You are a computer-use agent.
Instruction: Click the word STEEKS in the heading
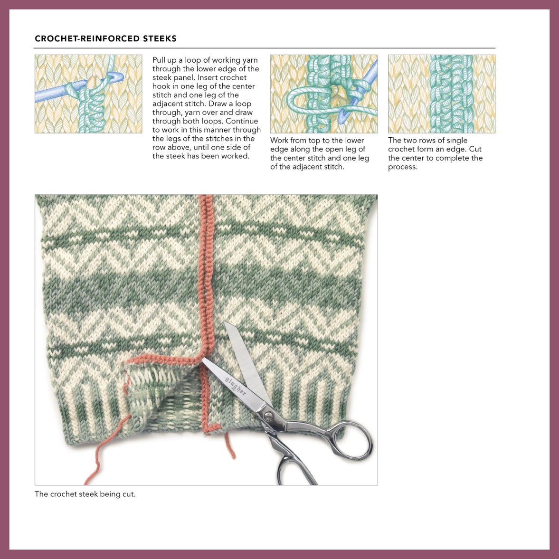click(x=160, y=39)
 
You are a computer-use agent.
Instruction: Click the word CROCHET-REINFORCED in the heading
click(x=87, y=39)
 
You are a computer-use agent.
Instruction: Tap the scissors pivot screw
click(x=268, y=416)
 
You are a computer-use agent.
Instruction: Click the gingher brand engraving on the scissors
click(x=236, y=386)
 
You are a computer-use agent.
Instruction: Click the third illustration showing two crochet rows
click(x=441, y=94)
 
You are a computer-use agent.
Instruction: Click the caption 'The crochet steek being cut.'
click(x=85, y=494)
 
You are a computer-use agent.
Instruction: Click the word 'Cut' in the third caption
click(x=475, y=149)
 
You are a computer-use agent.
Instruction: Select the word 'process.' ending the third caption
click(x=403, y=167)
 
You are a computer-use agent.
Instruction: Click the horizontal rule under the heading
click(x=265, y=48)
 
